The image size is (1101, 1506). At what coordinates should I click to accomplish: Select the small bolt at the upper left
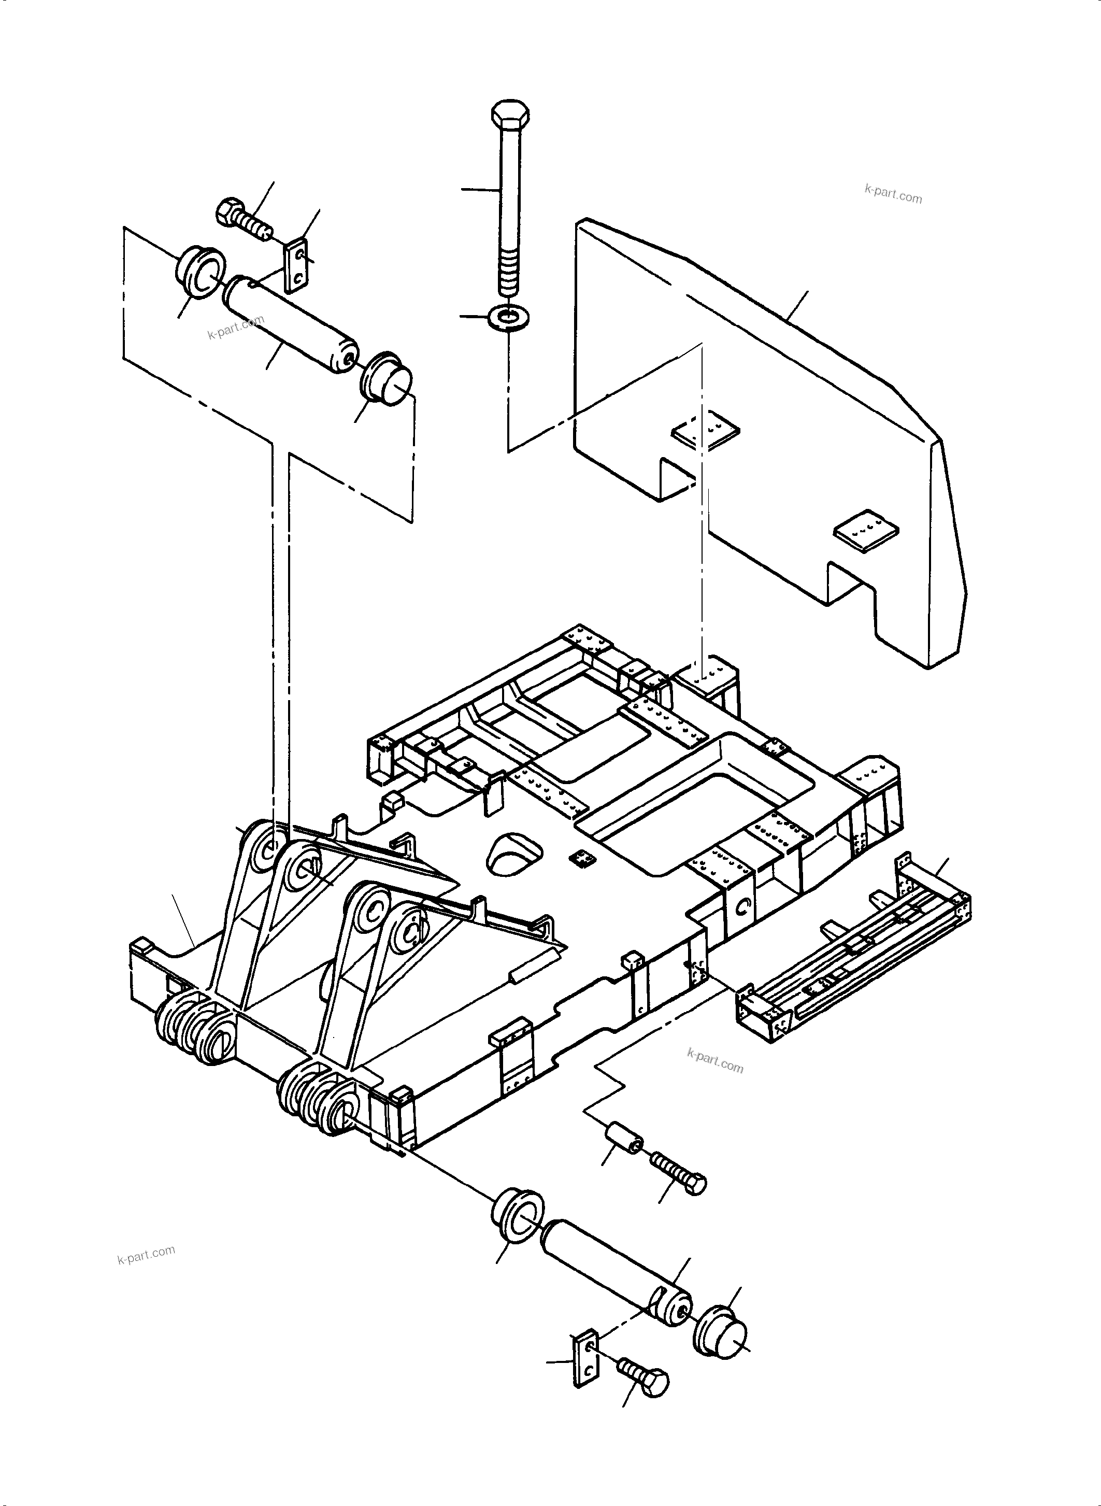[x=241, y=217]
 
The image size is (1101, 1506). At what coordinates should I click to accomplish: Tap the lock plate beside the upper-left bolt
[x=296, y=267]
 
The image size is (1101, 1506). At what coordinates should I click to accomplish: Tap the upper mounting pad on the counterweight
[x=705, y=432]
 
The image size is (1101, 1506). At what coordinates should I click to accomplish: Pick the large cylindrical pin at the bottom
[x=617, y=1273]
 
